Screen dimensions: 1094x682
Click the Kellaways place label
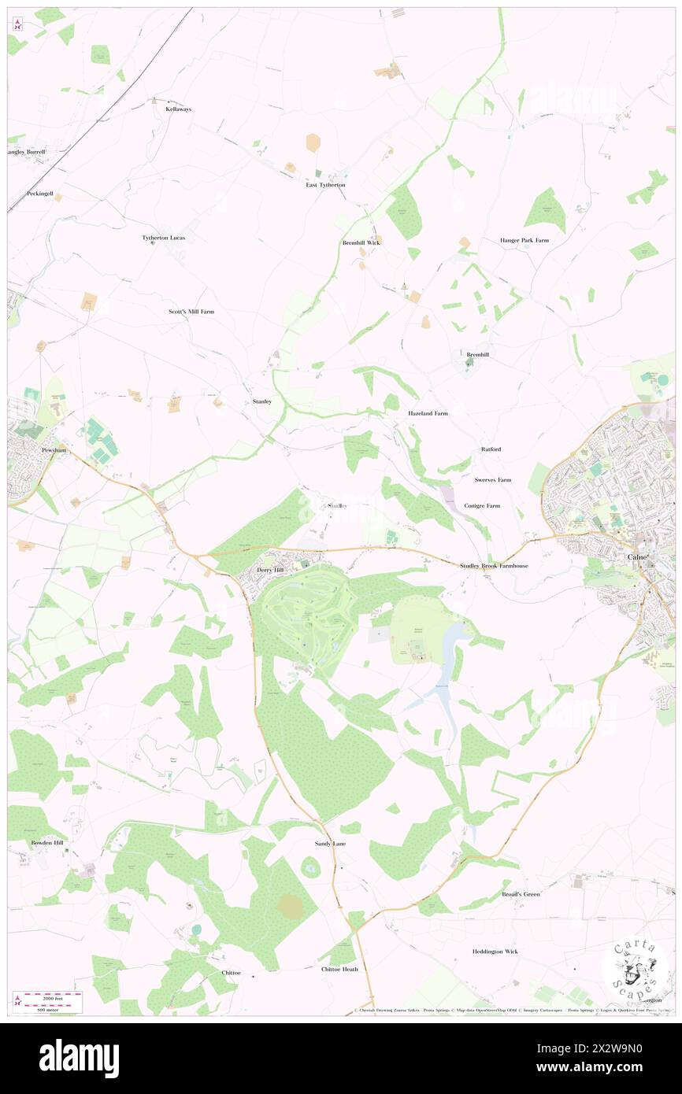178,109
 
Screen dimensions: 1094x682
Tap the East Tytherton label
325,185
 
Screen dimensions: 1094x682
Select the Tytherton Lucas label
164,238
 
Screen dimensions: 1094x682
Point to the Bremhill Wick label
361,243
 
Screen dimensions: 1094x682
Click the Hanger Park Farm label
524,240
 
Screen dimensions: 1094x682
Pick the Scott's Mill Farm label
191,312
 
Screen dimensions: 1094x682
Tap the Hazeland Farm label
428,413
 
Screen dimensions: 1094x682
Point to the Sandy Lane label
324,844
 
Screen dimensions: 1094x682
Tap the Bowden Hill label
47,843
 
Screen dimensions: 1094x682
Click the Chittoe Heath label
339,969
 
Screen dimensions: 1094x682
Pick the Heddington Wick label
495,952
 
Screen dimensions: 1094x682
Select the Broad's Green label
521,894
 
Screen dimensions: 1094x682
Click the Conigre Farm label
483,505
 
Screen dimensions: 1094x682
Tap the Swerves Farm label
493,479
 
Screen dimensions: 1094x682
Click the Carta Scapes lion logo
635,969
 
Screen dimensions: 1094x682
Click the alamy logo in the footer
79,1058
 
